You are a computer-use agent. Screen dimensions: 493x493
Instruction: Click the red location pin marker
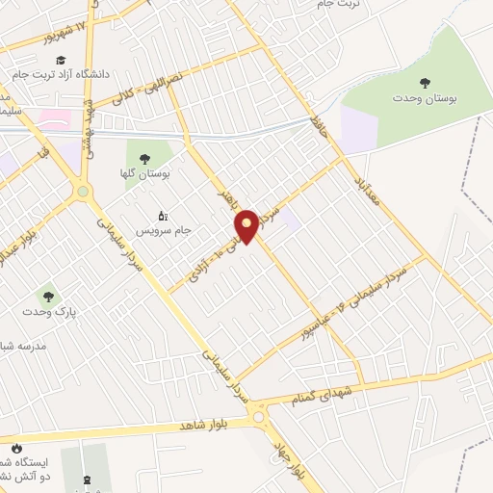tap(246, 225)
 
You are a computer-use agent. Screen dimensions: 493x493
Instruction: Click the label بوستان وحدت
tap(424, 99)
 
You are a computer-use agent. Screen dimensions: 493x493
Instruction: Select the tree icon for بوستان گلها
tap(145, 160)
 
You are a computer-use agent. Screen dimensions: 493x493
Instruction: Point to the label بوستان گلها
tap(147, 175)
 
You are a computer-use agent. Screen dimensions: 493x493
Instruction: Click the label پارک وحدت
tap(50, 313)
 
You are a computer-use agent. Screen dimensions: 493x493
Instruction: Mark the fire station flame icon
tap(16, 449)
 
